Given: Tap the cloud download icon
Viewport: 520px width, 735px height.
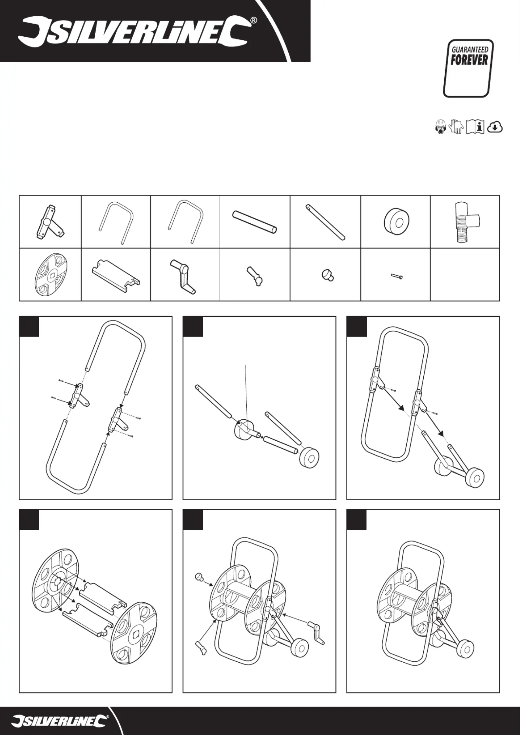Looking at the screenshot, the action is pyautogui.click(x=495, y=127).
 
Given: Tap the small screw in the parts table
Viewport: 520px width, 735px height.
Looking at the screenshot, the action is pyautogui.click(x=397, y=277).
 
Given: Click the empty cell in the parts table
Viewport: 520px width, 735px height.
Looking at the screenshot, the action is pyautogui.click(x=465, y=274).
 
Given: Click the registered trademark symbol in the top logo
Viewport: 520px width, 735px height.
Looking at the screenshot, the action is pyautogui.click(x=254, y=21).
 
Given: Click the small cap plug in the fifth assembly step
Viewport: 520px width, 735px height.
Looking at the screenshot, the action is pyautogui.click(x=199, y=577).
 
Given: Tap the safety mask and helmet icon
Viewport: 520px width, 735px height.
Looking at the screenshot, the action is pyautogui.click(x=441, y=127).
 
